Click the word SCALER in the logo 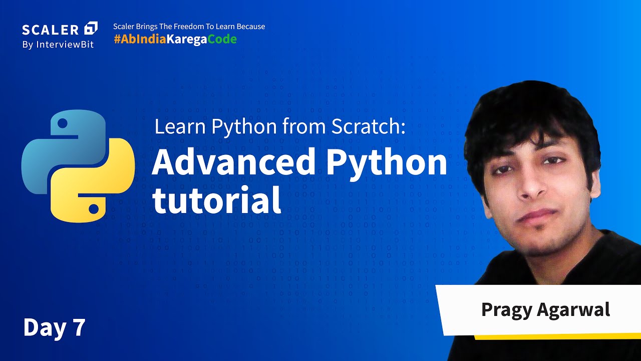(51, 29)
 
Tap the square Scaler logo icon (91, 28)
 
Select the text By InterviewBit (58, 45)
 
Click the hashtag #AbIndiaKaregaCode (175, 40)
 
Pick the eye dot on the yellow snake (94, 207)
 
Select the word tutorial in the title (216, 201)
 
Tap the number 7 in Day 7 (79, 327)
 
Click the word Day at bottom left (44, 327)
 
